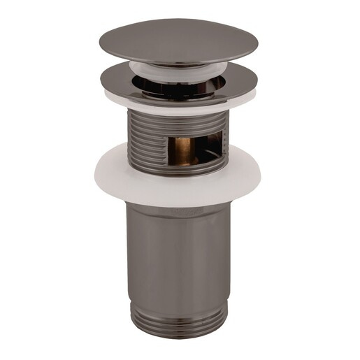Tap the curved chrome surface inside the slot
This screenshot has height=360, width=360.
point(210,147)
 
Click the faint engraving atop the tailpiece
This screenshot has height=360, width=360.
point(179,210)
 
